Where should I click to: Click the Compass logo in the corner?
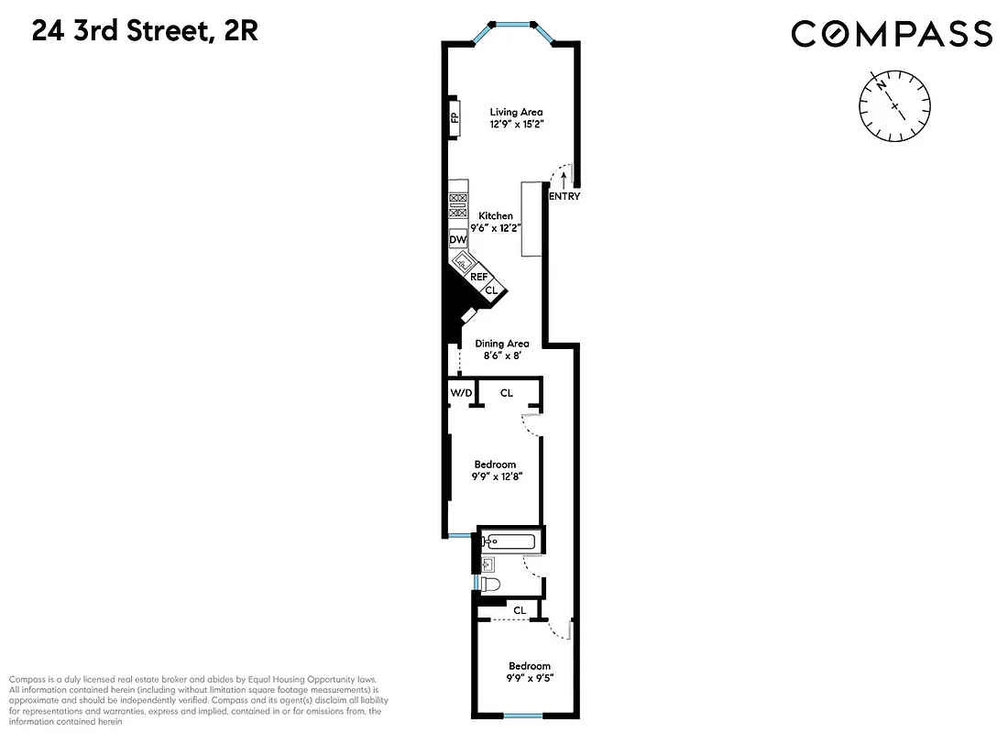pyautogui.click(x=892, y=34)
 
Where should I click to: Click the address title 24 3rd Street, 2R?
pyautogui.click(x=145, y=32)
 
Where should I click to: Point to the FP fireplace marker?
pyautogui.click(x=454, y=116)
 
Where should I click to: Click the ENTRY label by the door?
pyautogui.click(x=564, y=196)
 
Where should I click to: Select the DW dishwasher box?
pyautogui.click(x=457, y=239)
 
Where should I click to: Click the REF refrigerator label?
pyautogui.click(x=478, y=276)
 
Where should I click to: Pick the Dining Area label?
pyautogui.click(x=501, y=344)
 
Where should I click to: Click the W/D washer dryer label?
pyautogui.click(x=461, y=393)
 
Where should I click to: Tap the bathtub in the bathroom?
pyautogui.click(x=508, y=541)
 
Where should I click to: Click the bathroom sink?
pyautogui.click(x=488, y=563)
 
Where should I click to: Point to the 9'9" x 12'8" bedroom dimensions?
pyautogui.click(x=496, y=476)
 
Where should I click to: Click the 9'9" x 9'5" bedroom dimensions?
pyautogui.click(x=530, y=679)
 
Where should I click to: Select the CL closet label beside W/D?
pyautogui.click(x=507, y=393)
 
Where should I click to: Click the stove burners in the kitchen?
pyautogui.click(x=457, y=206)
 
